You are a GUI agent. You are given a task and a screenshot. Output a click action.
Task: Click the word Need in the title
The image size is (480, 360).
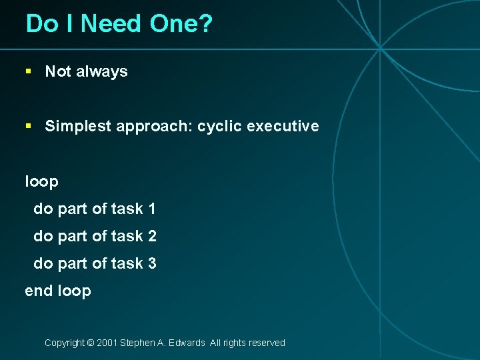pos(111,25)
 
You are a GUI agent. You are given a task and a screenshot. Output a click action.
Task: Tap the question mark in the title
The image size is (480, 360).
pos(206,25)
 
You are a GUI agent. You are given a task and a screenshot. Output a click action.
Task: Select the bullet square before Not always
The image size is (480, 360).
pos(28,71)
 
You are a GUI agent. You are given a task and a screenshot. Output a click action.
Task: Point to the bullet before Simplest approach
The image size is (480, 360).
pos(28,126)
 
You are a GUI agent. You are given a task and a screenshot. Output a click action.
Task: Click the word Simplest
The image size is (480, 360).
pos(78,127)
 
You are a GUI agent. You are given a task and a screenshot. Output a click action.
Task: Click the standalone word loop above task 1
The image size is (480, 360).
pos(41,182)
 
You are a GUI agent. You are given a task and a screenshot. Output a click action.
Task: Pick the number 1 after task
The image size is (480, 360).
pos(152,209)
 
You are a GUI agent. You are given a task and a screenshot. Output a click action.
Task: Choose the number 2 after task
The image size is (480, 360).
pos(152,237)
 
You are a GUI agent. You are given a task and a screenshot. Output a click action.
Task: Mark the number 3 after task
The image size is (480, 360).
pos(152,264)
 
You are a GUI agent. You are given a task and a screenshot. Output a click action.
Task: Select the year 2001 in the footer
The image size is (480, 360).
pos(107,343)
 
